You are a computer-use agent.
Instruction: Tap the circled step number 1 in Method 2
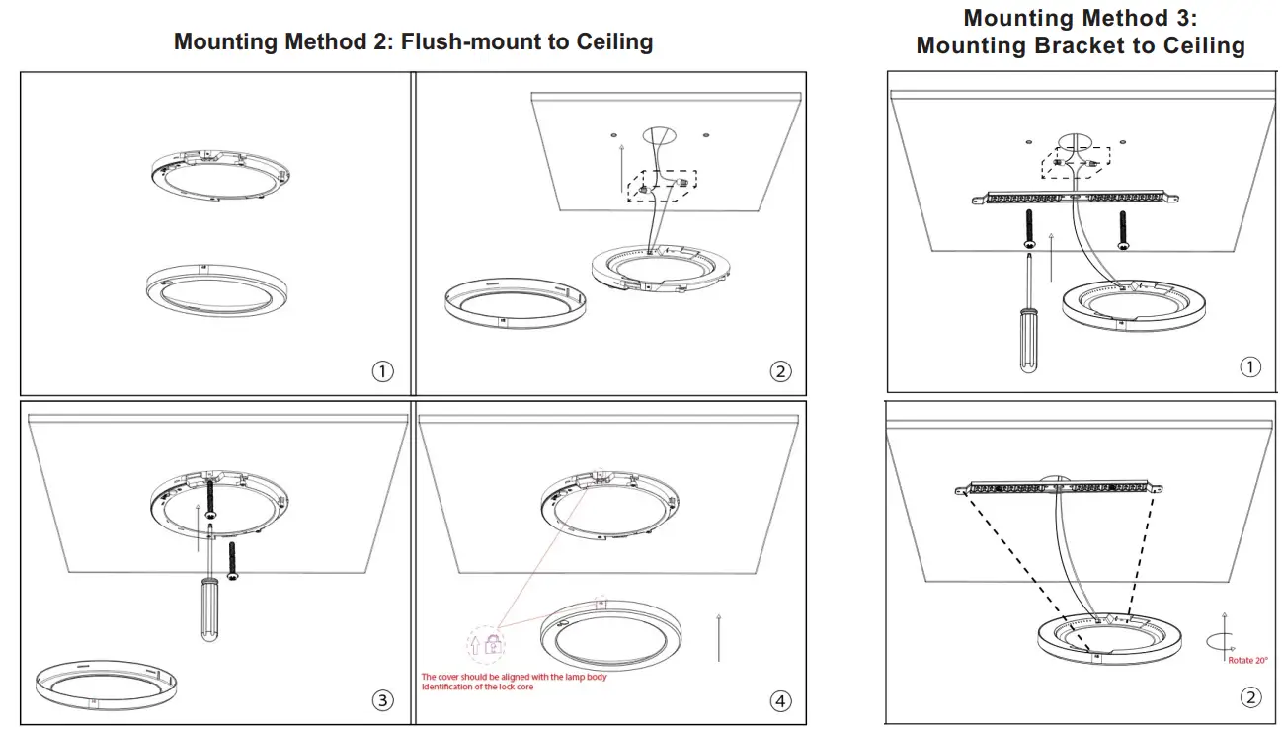[x=382, y=371]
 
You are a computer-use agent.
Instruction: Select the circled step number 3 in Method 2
[x=382, y=700]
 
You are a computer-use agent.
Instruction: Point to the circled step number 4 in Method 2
[x=780, y=700]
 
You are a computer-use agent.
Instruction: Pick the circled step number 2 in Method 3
[x=1249, y=697]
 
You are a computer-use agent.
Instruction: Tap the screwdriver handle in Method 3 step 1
[x=1029, y=340]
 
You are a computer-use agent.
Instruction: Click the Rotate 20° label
[x=1246, y=661]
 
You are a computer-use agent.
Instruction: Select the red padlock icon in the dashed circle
[x=486, y=645]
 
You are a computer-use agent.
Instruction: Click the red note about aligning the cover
[x=515, y=682]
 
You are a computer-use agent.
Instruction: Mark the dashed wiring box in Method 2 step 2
[x=662, y=186]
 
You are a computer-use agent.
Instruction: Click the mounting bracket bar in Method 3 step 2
[x=1062, y=487]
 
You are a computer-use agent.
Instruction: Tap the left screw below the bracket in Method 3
[x=1029, y=227]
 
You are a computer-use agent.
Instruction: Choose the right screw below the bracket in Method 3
[x=1123, y=228]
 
